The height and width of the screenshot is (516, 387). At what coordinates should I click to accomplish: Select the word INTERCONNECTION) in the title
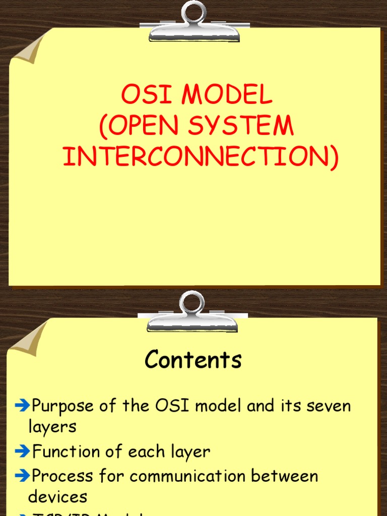pyautogui.click(x=201, y=157)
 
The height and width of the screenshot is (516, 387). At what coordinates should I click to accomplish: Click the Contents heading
pyautogui.click(x=193, y=360)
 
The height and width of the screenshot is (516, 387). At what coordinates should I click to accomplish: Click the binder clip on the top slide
pyautogui.click(x=194, y=23)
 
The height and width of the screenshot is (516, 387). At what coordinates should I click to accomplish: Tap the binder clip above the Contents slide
pyautogui.click(x=192, y=312)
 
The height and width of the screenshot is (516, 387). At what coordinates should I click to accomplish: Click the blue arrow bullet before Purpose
pyautogui.click(x=23, y=405)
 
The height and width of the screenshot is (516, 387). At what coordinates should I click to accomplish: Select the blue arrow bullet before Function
pyautogui.click(x=23, y=451)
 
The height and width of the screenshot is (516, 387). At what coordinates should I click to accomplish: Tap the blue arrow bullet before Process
pyautogui.click(x=23, y=475)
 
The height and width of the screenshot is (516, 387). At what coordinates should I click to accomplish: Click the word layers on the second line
pyautogui.click(x=52, y=427)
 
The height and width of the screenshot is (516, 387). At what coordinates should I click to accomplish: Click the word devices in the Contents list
pyautogui.click(x=57, y=496)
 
